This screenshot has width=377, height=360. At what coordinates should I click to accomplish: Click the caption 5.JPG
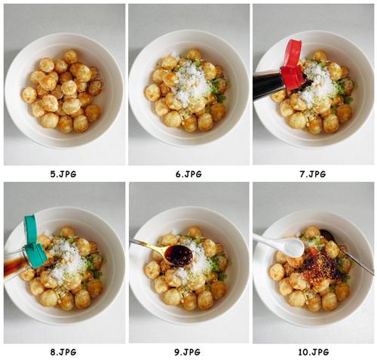pyautogui.click(x=63, y=174)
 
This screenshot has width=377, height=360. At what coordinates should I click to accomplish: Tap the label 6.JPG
pyautogui.click(x=188, y=174)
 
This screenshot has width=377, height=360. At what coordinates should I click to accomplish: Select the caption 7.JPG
pyautogui.click(x=313, y=174)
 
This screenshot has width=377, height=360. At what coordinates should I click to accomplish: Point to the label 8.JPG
pyautogui.click(x=63, y=352)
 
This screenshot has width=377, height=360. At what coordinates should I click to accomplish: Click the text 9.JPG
pyautogui.click(x=187, y=352)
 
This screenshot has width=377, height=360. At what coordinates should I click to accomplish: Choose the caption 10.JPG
pyautogui.click(x=314, y=352)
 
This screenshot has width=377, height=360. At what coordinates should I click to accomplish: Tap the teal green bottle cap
pyautogui.click(x=34, y=240)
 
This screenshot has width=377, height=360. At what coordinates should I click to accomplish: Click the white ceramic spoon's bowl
pyautogui.click(x=293, y=247)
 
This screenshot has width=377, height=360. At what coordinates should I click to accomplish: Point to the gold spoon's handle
pyautogui.click(x=148, y=245)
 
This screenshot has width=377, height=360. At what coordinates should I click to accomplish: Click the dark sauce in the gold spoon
pyautogui.click(x=180, y=254)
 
